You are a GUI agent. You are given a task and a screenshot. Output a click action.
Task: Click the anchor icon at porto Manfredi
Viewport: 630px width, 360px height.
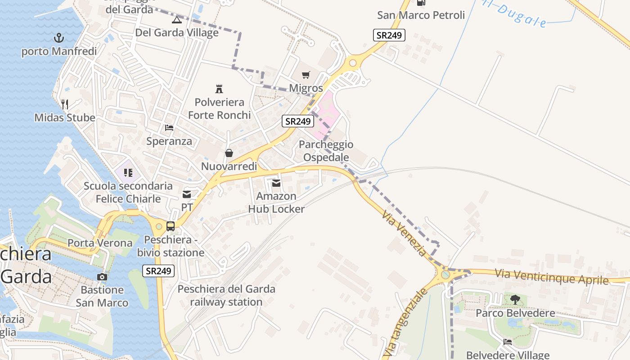59,38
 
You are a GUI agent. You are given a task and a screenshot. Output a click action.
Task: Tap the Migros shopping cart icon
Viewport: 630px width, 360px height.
306,75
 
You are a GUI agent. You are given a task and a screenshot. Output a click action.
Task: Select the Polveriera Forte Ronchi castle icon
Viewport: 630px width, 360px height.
219,89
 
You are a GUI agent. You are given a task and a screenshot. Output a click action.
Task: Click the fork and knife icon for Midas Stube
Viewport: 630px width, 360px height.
65,104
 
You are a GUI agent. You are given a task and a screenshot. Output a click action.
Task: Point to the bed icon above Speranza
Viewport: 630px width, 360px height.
169,128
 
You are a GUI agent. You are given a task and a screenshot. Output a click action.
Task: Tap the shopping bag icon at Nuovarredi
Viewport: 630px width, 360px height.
229,153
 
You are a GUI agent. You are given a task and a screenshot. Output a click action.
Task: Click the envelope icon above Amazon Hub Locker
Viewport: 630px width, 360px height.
276,183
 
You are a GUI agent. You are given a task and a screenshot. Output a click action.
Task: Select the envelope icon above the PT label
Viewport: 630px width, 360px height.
187,194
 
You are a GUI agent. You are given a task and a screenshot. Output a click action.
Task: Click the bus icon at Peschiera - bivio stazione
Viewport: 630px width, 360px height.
171,226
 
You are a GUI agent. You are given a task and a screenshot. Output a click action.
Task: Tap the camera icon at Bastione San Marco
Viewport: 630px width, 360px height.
102,277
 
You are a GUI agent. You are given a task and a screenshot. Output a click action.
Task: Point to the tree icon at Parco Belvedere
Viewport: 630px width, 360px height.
515,299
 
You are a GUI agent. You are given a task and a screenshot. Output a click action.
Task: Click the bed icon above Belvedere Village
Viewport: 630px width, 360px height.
508,342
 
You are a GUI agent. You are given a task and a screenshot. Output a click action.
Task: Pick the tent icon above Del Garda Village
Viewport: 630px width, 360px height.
177,20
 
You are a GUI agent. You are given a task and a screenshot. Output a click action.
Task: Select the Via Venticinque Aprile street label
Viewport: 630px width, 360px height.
552,276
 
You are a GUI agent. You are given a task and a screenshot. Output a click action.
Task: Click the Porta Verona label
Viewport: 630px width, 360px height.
100,243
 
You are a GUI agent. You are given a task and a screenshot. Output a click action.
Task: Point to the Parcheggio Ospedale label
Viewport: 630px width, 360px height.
326,151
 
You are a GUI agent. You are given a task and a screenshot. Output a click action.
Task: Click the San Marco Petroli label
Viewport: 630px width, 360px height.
421,15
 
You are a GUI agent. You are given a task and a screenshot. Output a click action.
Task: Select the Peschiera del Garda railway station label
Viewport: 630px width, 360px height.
226,295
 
